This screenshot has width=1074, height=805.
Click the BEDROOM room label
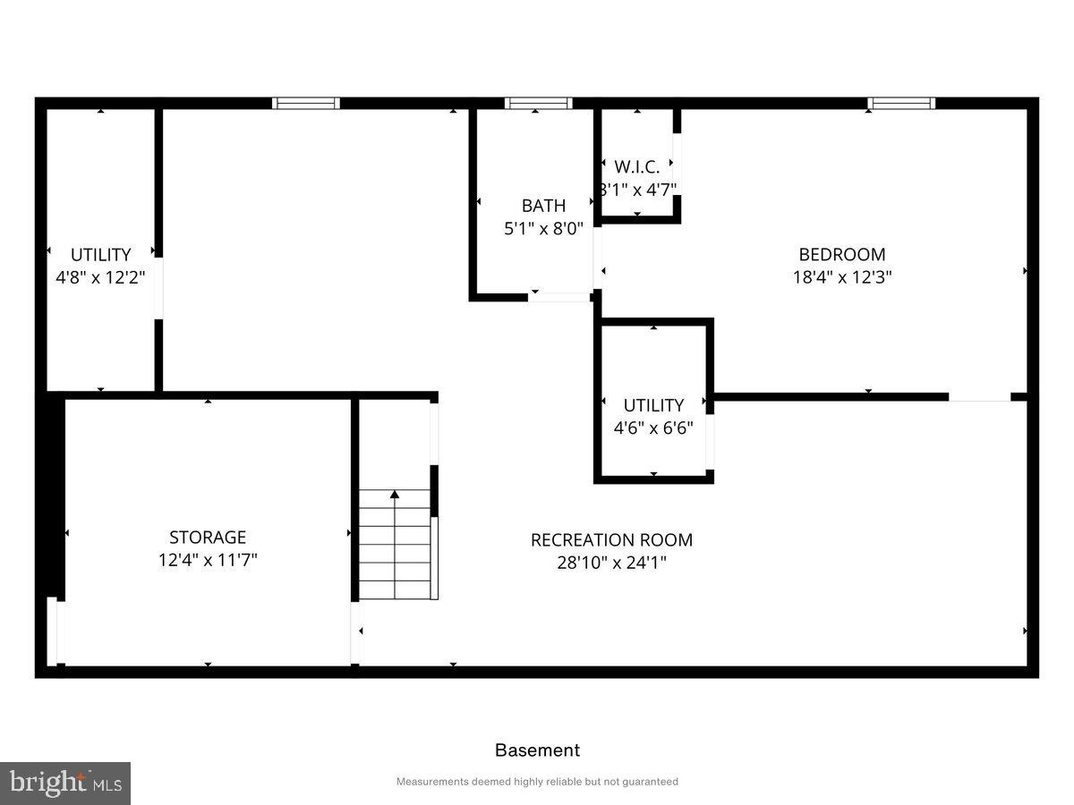[841, 255]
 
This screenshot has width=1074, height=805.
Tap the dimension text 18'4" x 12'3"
[841, 277]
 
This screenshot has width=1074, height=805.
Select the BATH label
[543, 207]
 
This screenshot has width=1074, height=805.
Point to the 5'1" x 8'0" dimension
[543, 229]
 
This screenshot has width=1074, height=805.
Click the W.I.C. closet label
[636, 167]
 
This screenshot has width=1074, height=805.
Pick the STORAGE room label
[208, 538]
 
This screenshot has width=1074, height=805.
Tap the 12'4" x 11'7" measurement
[208, 561]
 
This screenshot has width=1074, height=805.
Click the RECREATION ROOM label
[611, 540]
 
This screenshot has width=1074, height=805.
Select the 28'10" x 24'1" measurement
[611, 563]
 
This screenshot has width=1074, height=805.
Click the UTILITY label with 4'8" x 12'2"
[100, 255]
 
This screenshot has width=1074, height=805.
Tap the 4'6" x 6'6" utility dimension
[653, 428]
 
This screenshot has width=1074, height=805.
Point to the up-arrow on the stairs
[395, 495]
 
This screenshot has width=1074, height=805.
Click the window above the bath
[538, 104]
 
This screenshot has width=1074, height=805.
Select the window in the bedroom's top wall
[901, 104]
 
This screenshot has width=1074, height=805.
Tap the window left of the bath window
[306, 104]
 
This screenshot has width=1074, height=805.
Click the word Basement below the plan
[537, 750]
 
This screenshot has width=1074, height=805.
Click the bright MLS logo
[64, 784]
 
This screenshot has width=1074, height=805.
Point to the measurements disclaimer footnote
[537, 782]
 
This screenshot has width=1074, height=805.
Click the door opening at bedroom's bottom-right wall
[979, 397]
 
